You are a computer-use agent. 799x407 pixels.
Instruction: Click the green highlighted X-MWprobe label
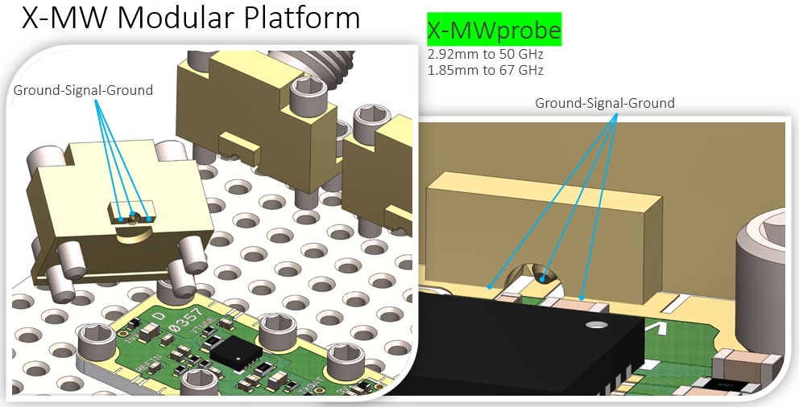[494, 31]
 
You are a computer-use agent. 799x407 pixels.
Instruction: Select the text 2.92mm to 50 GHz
[485, 55]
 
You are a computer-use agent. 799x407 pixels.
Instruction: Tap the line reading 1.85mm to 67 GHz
[485, 70]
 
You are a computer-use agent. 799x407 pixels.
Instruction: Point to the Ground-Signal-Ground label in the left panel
[83, 90]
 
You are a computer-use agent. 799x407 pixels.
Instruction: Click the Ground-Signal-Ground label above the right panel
[604, 103]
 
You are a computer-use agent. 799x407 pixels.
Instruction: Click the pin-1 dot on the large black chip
[596, 325]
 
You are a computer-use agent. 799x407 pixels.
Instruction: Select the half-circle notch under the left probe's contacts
[133, 232]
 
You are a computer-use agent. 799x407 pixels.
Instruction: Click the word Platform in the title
[298, 18]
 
